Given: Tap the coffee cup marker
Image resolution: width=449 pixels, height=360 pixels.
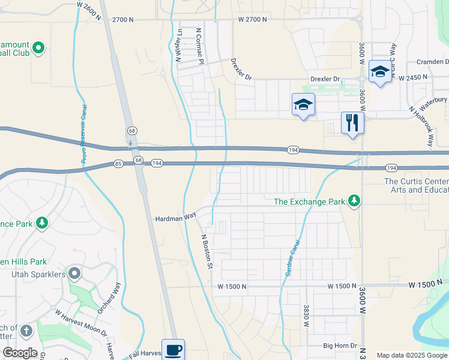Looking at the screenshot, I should pos(173,349).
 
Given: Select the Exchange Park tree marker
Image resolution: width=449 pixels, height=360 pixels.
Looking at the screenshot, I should pos(355,202).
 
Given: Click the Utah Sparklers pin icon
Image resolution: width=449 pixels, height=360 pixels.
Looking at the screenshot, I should pos(74,274).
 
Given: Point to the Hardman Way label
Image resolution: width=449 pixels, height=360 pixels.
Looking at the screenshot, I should pos(176,219).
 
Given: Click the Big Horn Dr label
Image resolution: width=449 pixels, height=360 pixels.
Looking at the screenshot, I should pos(340,346).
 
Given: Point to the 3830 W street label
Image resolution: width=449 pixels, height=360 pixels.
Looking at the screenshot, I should pos(306,314).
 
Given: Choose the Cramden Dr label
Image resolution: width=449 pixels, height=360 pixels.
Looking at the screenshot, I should pos(432,62).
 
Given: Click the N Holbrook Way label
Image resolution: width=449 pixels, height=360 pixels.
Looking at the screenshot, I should pos(421,127).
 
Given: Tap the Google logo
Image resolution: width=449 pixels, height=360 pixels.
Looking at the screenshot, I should pos(20,353).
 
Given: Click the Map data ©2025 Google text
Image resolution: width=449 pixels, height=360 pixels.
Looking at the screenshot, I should pos(412,355).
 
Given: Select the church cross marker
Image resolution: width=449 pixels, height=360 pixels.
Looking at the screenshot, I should pos(26,331).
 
